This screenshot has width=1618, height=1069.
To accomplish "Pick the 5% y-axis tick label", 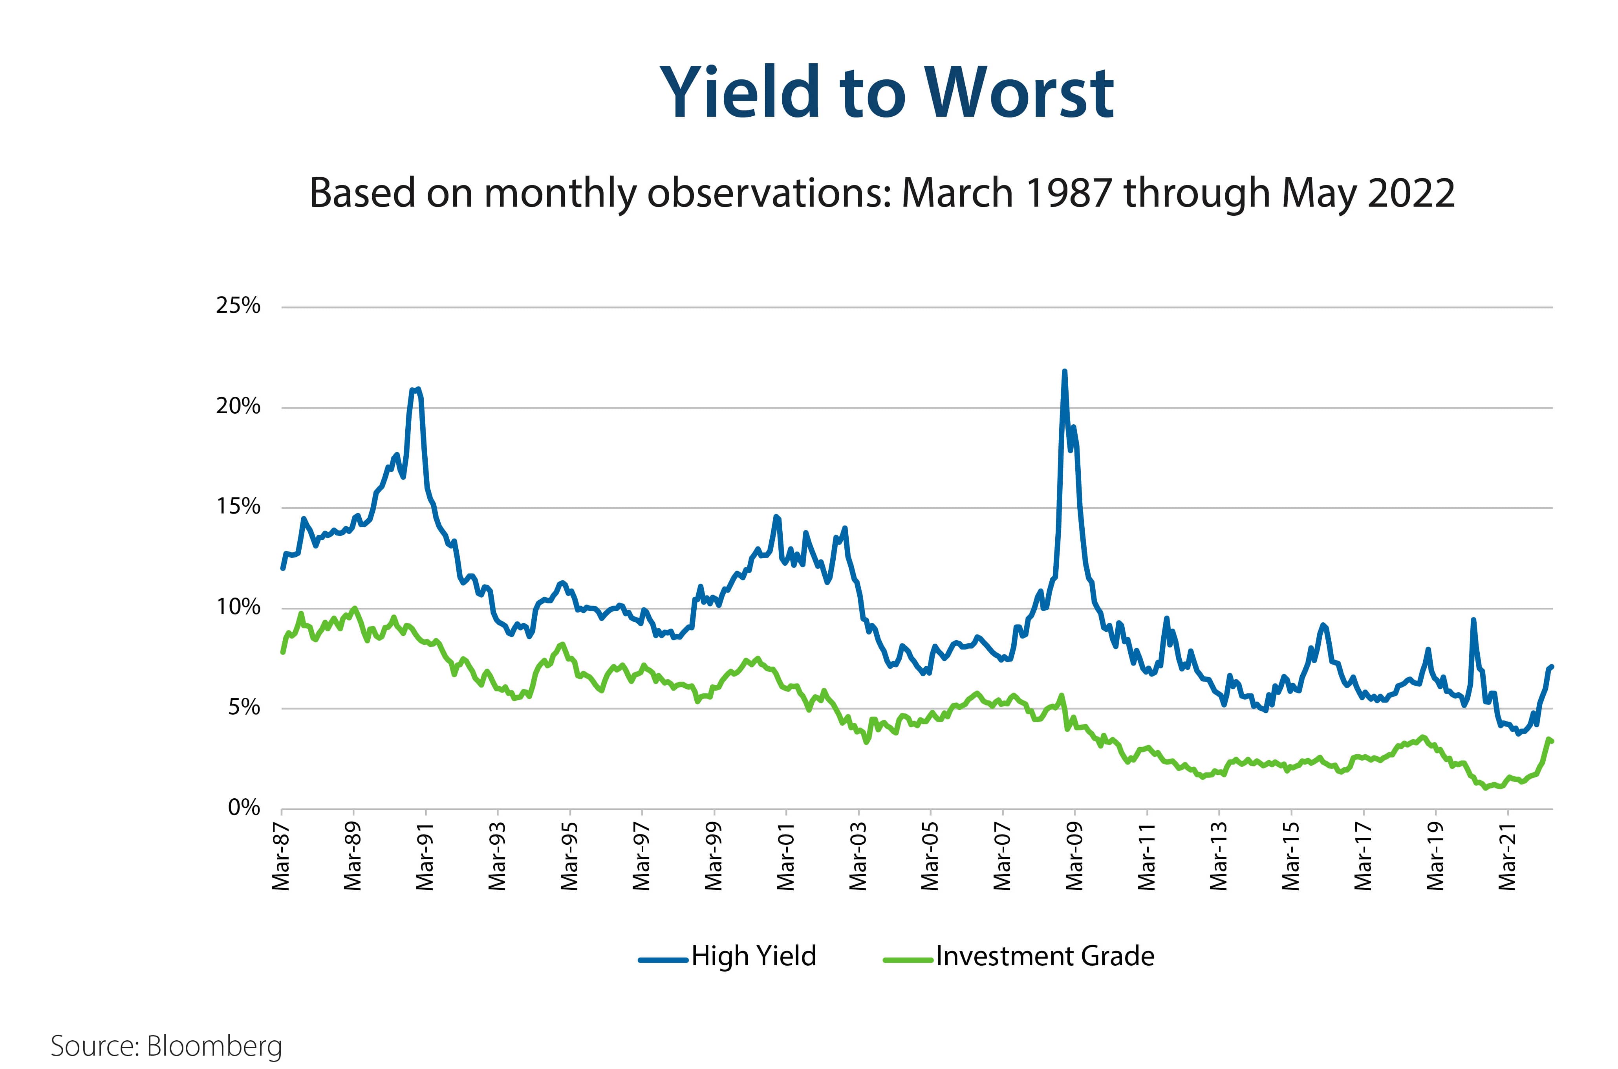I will click(x=243, y=708).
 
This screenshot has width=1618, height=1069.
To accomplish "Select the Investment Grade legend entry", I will click(x=1044, y=957).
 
